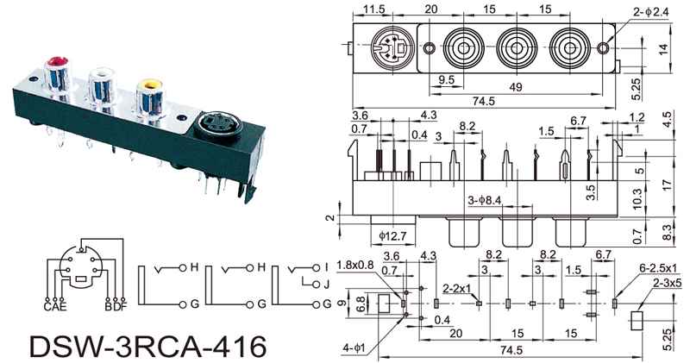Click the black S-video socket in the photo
pos(219,130)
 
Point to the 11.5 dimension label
pos(373,9)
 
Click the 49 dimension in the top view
pos(516,89)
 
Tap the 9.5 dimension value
pos(445,79)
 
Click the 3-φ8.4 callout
pos(485,201)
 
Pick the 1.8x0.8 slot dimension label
pos(354,264)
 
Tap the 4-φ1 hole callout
pos(356,347)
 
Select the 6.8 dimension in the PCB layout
pos(360,302)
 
